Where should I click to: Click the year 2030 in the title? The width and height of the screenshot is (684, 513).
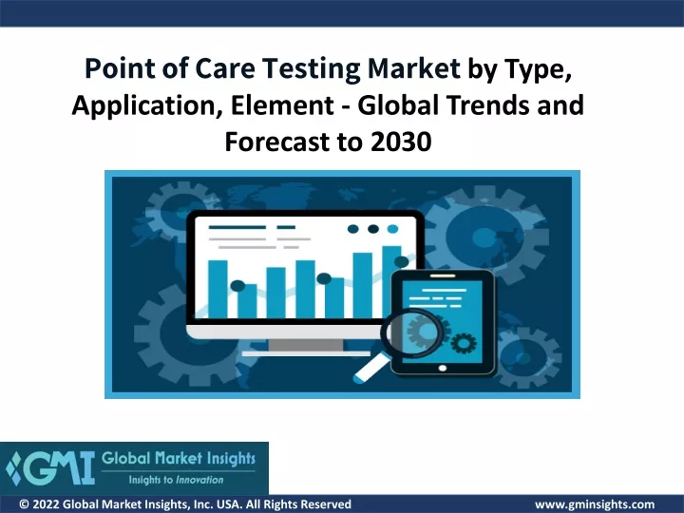[x=401, y=142]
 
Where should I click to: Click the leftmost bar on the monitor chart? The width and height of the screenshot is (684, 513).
[x=218, y=289]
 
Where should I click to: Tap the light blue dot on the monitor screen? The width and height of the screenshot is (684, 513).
[x=392, y=229]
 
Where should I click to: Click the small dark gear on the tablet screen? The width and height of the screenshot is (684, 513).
[x=464, y=343]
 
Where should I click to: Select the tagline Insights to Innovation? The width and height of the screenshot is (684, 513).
[x=176, y=480]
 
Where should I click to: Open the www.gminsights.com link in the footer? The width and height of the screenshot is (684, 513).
[x=595, y=504]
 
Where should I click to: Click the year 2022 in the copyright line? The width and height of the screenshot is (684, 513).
[x=46, y=504]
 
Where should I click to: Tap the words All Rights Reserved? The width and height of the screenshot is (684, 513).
[x=298, y=504]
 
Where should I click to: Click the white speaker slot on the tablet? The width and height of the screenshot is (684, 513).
[x=443, y=275]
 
